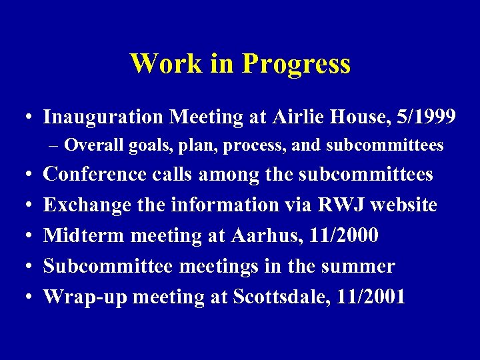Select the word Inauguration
tap(103, 117)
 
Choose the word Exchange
tap(87, 205)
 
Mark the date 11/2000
tap(341, 235)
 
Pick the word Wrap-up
tap(85, 297)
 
